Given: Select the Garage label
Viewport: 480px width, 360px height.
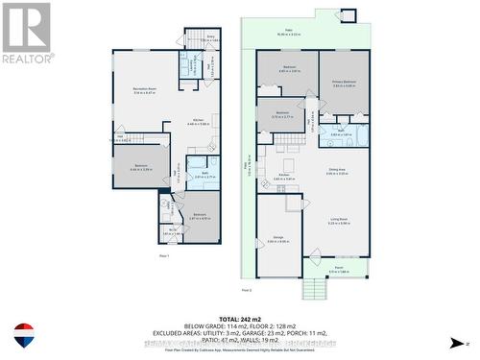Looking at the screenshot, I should (x=277, y=239).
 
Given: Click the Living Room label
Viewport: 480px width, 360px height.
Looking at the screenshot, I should (x=338, y=223).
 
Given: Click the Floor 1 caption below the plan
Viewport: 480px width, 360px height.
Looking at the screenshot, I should (x=164, y=256).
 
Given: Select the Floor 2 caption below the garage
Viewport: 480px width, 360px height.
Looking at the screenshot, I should (x=247, y=289).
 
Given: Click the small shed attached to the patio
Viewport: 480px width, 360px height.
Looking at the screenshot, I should (x=348, y=15).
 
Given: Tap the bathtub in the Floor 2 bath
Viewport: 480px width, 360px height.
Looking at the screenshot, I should (x=358, y=133).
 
